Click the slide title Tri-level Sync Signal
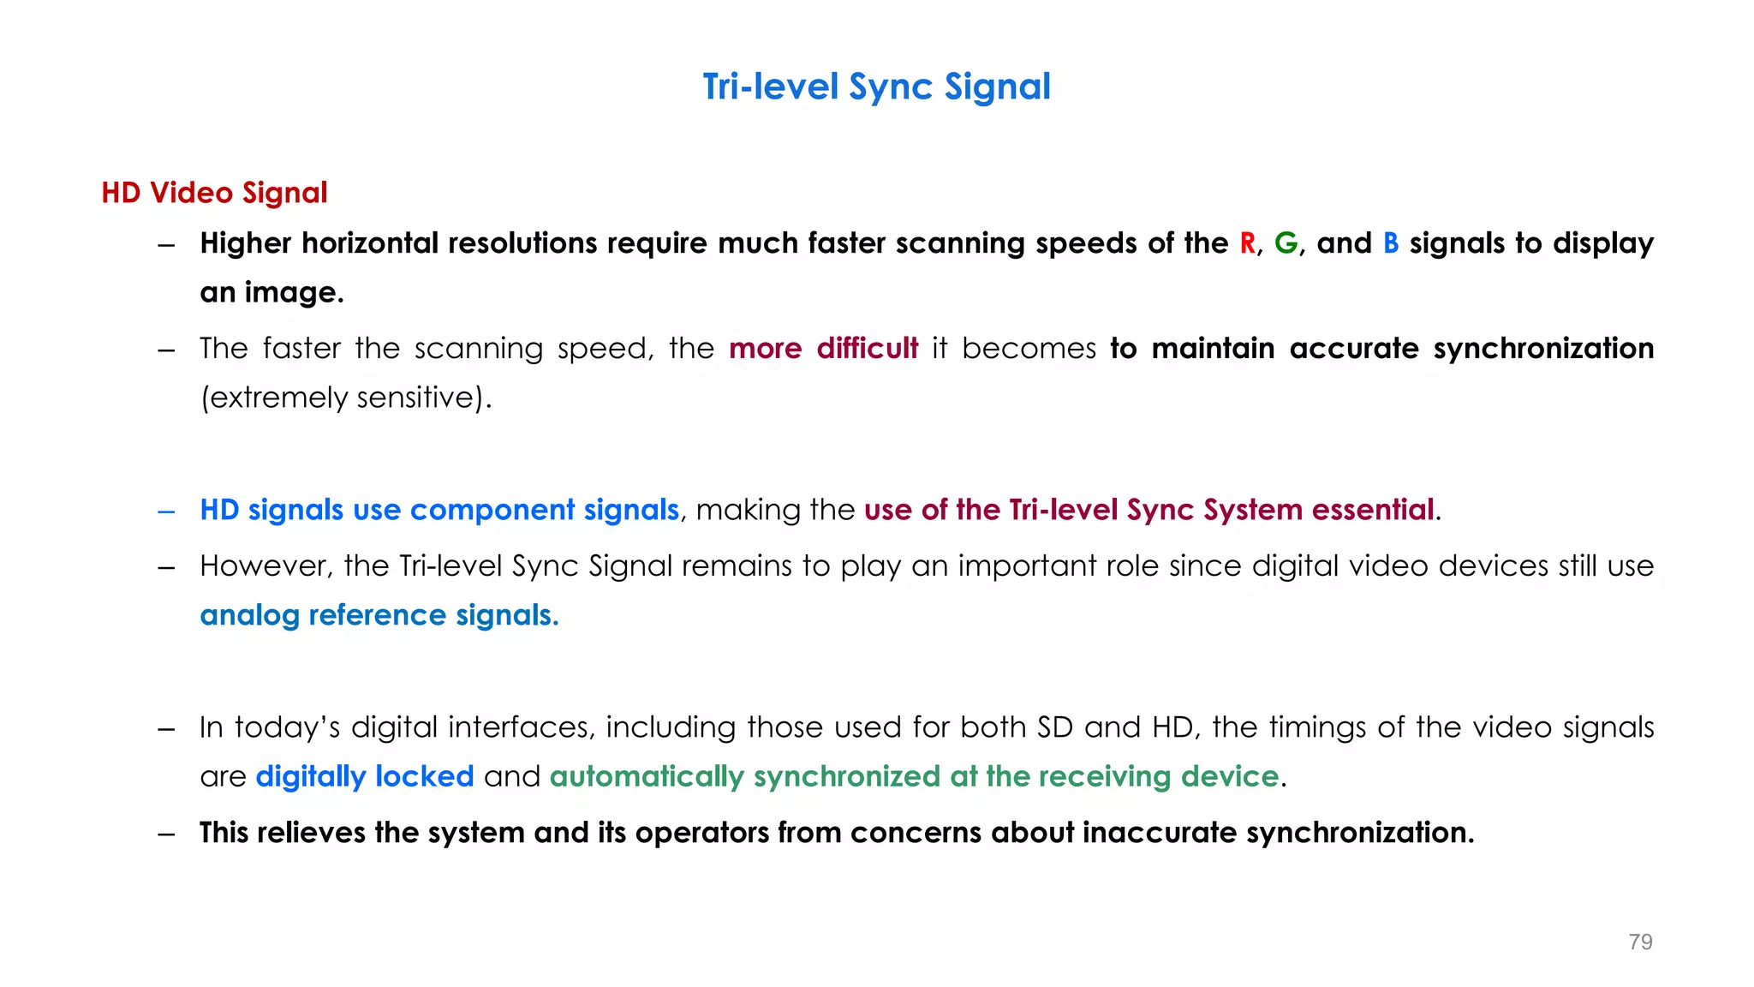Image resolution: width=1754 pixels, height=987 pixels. [876, 87]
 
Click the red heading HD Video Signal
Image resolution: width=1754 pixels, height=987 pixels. [214, 193]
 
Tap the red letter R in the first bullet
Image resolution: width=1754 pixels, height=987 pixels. [1247, 243]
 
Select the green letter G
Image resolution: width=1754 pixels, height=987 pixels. [1286, 243]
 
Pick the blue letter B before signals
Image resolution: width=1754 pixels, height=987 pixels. [1391, 243]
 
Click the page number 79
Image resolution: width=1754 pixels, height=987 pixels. [1640, 942]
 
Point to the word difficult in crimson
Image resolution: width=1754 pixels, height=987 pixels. [867, 349]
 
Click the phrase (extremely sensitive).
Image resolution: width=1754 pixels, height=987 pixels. [346, 398]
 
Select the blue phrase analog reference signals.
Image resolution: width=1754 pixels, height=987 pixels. [379, 615]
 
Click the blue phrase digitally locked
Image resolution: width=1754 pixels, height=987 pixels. [364, 776]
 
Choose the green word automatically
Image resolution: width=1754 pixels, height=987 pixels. [647, 776]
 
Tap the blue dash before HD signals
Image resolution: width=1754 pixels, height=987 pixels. [166, 511]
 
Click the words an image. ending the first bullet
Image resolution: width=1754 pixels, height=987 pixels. [271, 293]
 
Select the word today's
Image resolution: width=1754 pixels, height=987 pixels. [288, 727]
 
